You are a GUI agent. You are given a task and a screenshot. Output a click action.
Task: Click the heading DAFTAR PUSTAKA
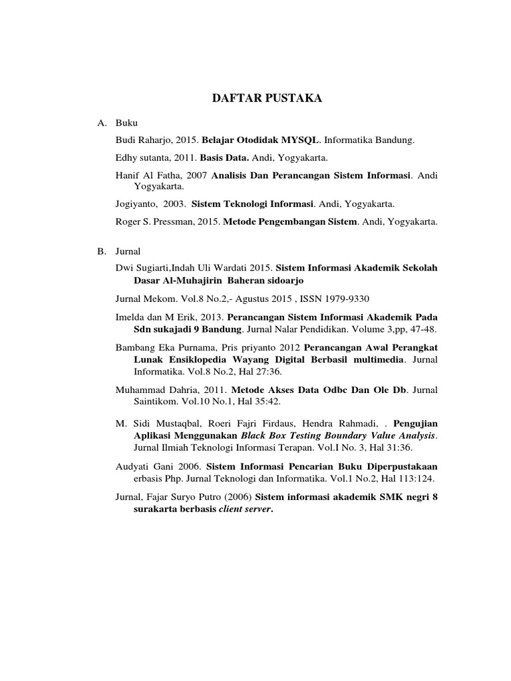click(266, 98)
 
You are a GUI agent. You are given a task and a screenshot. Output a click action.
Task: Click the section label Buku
click(126, 124)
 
